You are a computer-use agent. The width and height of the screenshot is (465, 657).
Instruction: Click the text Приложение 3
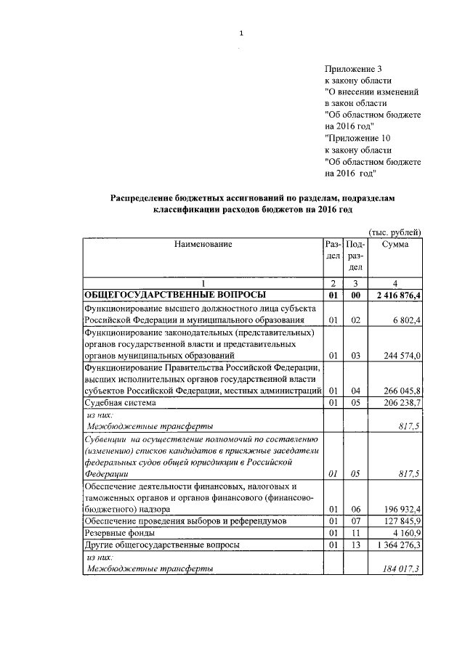coord(352,69)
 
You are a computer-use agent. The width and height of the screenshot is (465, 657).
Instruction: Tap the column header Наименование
coord(203,245)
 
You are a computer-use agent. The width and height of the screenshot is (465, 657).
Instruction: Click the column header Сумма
coord(395,245)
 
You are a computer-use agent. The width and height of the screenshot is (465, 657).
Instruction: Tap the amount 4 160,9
coord(407,533)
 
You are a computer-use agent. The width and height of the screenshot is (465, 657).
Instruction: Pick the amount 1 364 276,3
coord(399,544)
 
